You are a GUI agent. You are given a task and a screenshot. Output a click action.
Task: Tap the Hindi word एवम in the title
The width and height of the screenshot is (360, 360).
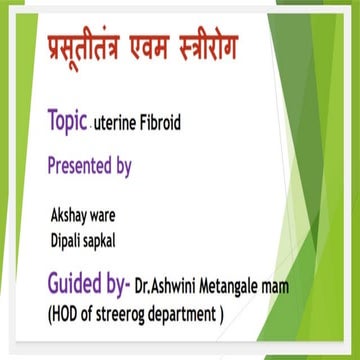point(165,48)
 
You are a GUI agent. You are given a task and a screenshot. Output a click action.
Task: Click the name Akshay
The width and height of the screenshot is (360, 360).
point(71,214)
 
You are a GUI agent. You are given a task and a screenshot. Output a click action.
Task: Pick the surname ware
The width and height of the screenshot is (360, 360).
point(110,214)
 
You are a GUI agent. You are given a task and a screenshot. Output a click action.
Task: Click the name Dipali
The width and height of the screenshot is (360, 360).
point(68,237)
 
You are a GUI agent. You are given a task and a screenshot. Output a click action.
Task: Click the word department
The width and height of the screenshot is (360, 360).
point(194,314)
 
